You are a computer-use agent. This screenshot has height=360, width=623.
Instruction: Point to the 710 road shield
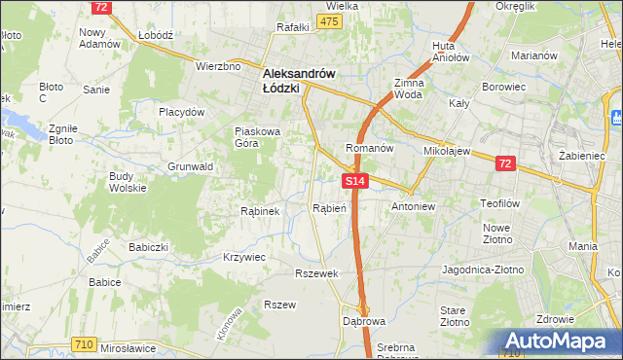pyautogui.click(x=84, y=343)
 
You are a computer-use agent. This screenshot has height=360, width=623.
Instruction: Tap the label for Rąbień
pyautogui.click(x=329, y=208)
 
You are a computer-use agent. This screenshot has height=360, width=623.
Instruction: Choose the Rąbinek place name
pyautogui.click(x=260, y=210)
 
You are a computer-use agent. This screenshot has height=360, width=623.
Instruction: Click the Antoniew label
pyautogui.click(x=417, y=207)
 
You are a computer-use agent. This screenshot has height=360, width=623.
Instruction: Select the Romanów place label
pyautogui.click(x=369, y=148)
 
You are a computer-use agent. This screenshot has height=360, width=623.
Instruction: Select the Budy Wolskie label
pyautogui.click(x=128, y=181)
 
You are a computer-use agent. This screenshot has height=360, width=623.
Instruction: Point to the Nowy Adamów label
pyautogui.click(x=99, y=38)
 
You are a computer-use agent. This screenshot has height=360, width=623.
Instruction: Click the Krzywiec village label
pyautogui.click(x=244, y=257)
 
